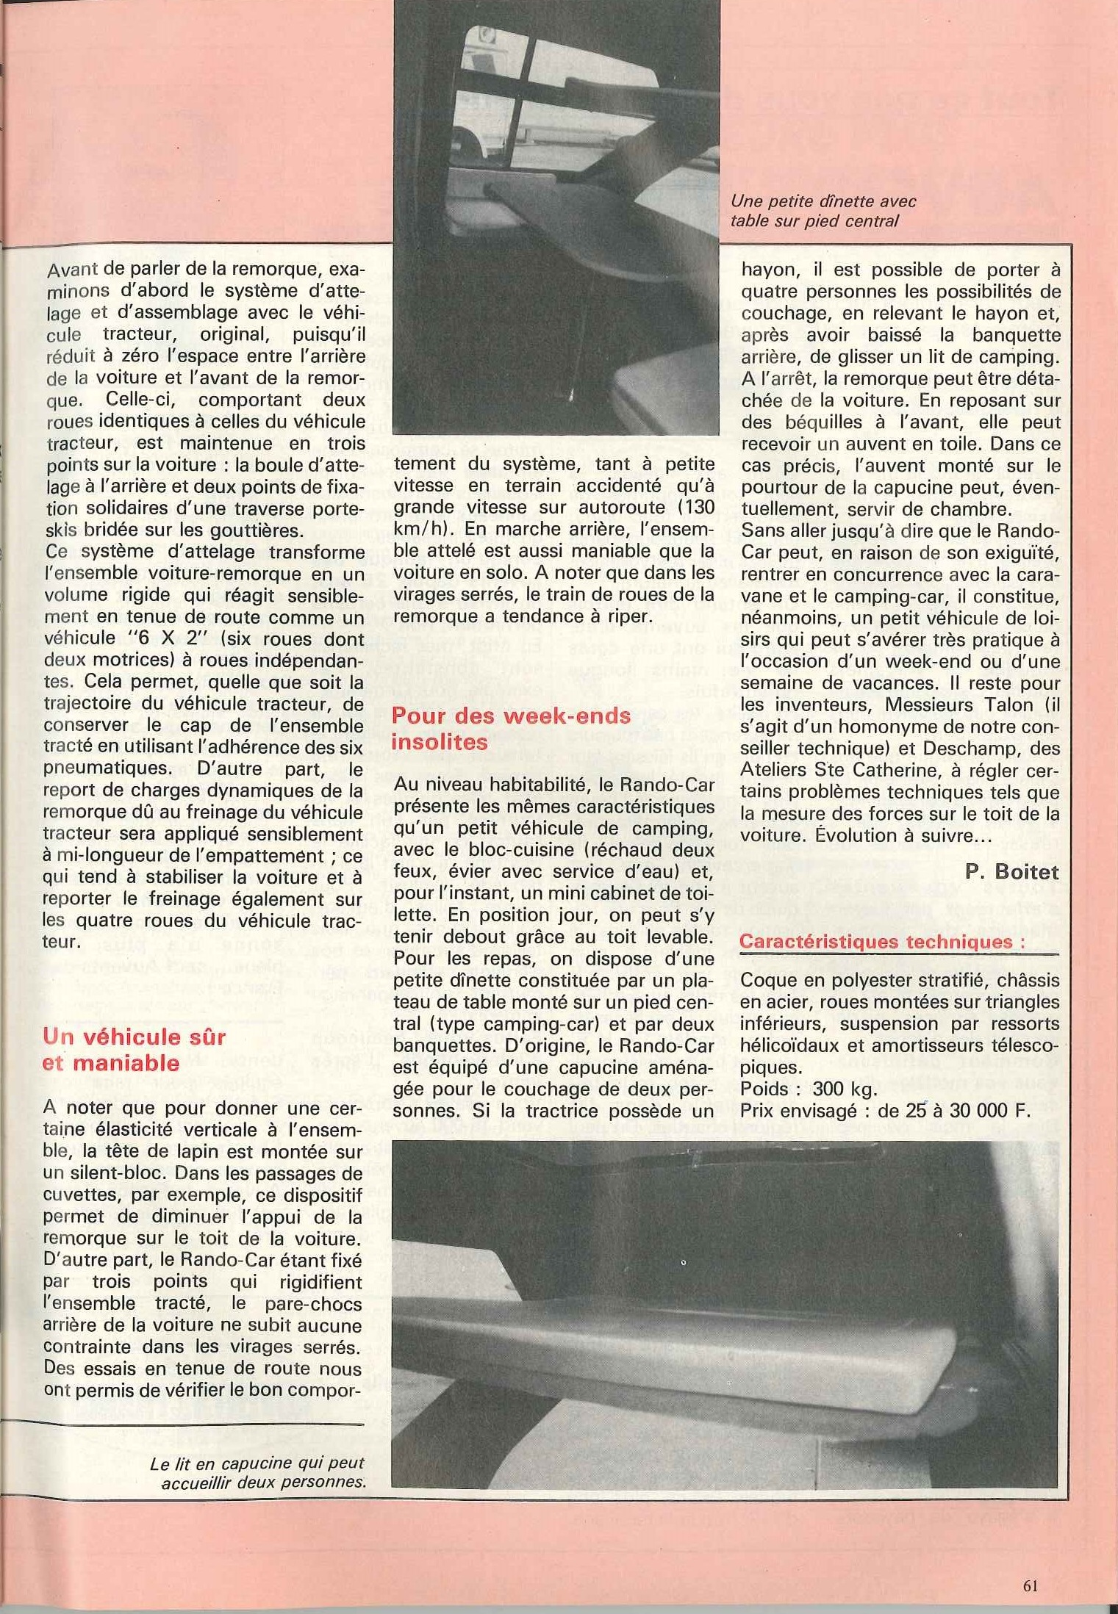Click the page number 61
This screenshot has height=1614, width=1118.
[1030, 1585]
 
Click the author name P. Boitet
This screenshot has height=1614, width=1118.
[1012, 872]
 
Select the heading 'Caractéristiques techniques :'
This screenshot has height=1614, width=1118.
[881, 942]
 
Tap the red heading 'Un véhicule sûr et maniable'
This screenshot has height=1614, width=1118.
[133, 1050]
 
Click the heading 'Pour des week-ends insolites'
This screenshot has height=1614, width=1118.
[512, 729]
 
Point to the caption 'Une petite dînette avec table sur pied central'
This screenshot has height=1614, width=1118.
[823, 211]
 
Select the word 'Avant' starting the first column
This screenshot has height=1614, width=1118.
[71, 270]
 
